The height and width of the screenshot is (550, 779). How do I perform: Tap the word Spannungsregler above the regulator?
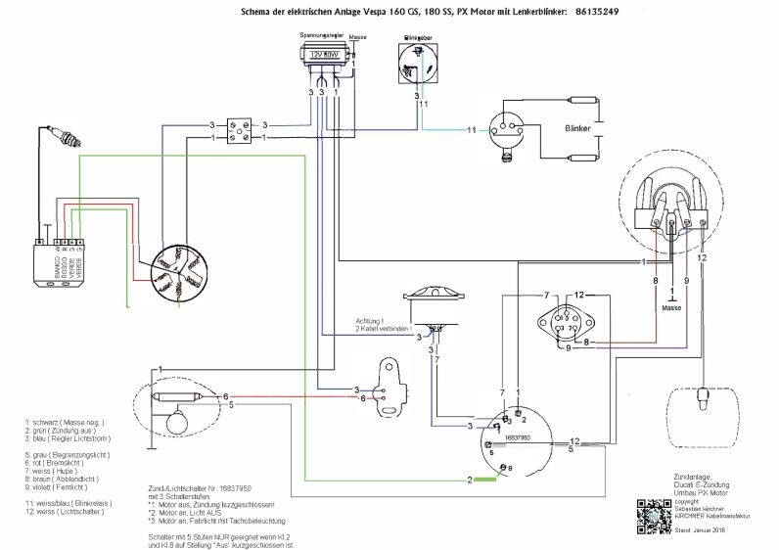pyautogui.click(x=321, y=34)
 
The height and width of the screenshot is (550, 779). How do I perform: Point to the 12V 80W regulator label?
pyautogui.click(x=322, y=57)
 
